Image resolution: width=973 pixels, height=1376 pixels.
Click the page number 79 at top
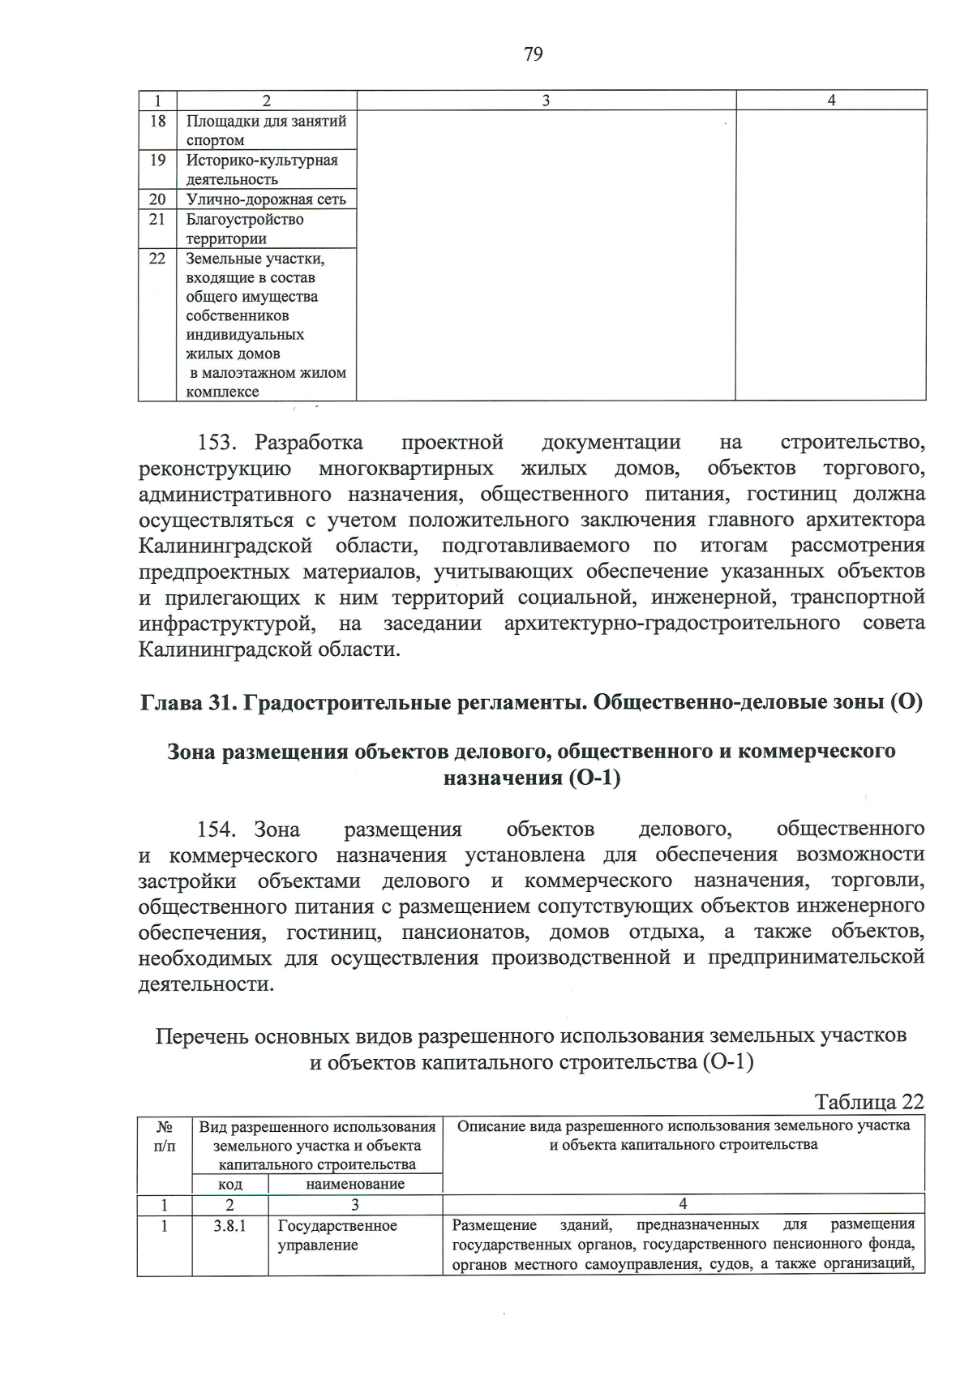point(533,54)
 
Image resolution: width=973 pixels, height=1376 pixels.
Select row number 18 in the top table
point(157,122)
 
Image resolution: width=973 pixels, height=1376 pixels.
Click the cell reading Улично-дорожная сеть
point(266,199)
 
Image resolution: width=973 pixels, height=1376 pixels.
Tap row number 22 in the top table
point(157,259)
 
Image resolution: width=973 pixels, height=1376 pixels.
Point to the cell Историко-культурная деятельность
point(261,169)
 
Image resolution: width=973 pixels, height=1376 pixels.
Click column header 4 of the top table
point(831,101)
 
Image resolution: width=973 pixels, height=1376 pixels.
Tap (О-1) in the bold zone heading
point(589,778)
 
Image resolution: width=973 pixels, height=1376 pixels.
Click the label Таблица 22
point(869,1102)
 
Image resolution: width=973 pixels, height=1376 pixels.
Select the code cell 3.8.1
point(230,1226)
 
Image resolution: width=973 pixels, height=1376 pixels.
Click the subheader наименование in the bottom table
point(355,1185)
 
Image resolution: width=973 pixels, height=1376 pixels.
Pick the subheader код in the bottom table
point(230,1185)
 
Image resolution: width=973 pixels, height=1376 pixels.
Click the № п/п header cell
point(164,1136)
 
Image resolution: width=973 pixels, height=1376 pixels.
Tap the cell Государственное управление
point(337,1236)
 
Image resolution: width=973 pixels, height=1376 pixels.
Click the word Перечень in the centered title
point(202,1036)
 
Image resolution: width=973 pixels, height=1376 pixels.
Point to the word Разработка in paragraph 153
point(309,444)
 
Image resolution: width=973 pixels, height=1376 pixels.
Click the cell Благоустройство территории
point(245,229)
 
